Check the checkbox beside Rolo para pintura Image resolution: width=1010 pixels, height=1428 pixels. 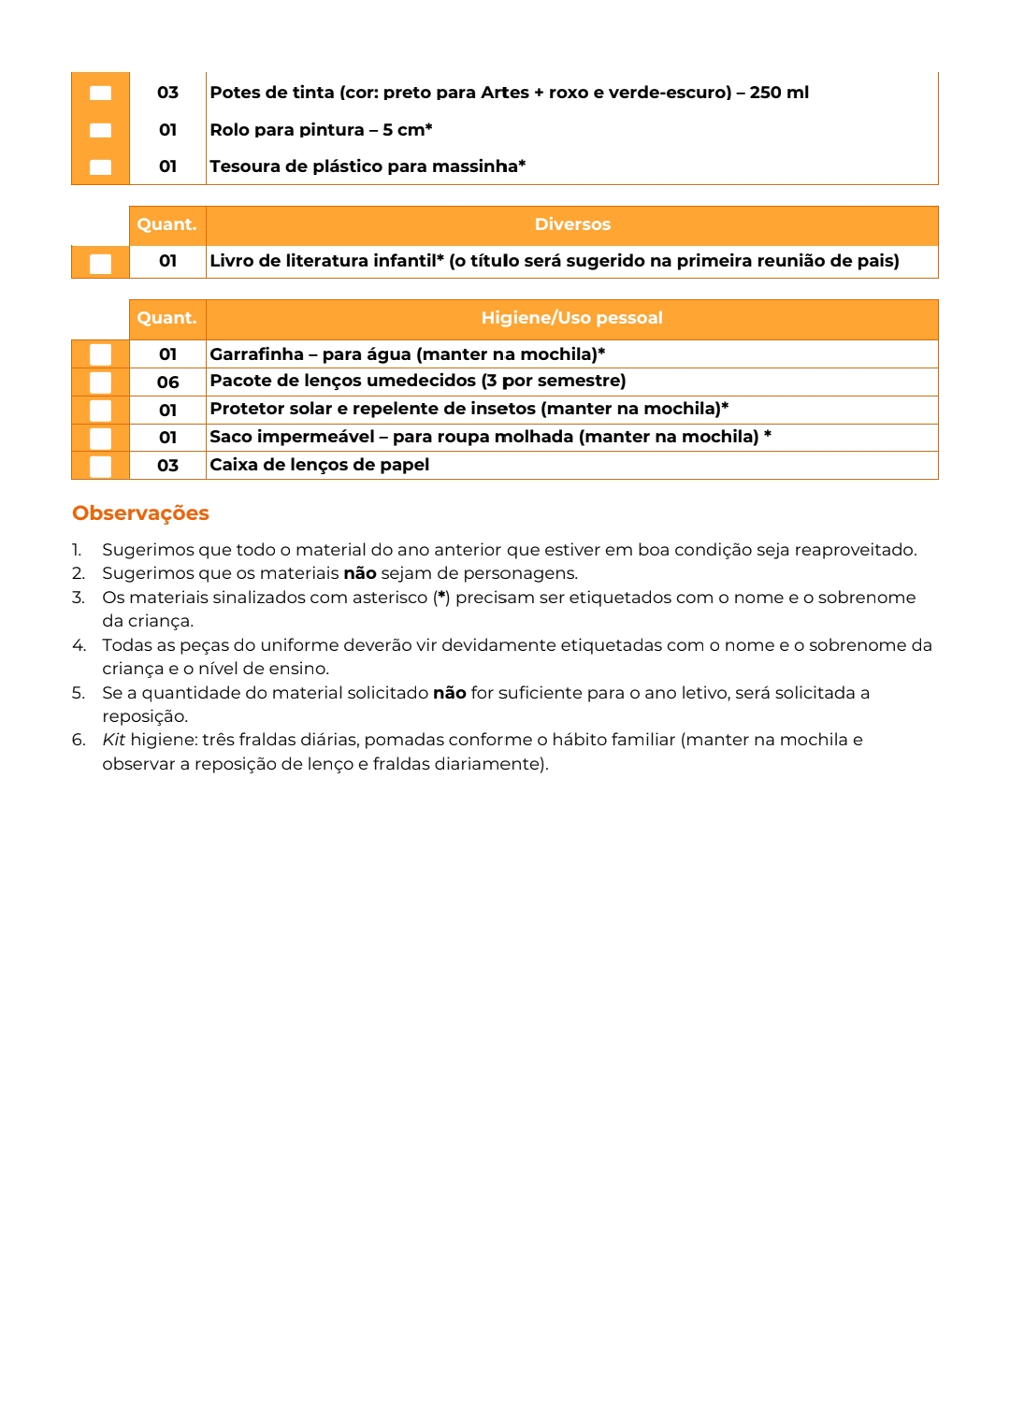point(100,130)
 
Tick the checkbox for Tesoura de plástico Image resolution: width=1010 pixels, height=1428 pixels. point(100,167)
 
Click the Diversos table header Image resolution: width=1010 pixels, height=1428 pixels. point(571,224)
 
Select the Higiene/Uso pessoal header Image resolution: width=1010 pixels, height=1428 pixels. point(571,318)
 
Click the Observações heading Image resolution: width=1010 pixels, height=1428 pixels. point(140,513)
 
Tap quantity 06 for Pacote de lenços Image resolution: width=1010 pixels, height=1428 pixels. point(167,382)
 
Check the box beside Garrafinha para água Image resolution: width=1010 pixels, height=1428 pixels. point(100,354)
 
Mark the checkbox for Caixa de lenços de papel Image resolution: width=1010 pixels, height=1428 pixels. point(100,466)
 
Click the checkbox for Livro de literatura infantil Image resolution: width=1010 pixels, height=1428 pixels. point(100,263)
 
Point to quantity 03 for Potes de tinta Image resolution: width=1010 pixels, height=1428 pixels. point(167,93)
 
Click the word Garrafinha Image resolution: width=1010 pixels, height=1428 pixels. point(256,354)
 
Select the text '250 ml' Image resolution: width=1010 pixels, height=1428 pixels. point(779,93)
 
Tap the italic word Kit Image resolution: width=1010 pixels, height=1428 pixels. point(113,740)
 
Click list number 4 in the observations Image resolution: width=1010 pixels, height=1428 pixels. point(79,645)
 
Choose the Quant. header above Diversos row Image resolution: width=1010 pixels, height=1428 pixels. point(166,224)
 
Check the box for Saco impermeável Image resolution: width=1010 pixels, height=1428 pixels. point(100,438)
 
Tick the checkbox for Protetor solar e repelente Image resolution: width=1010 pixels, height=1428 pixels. point(100,411)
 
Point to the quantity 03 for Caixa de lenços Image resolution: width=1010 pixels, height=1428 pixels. point(167,466)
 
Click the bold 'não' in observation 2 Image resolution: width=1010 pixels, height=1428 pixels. point(360,573)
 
